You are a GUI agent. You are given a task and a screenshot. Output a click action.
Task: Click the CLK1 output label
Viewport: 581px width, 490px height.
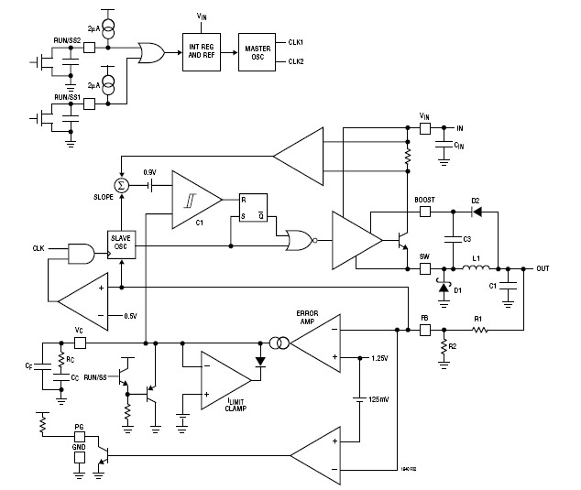point(296,41)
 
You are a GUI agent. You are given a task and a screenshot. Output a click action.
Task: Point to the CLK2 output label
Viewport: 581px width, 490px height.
point(296,61)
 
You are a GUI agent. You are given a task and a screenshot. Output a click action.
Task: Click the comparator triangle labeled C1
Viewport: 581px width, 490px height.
point(193,199)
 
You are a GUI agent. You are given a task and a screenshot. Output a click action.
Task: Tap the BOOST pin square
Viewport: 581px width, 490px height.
point(424,211)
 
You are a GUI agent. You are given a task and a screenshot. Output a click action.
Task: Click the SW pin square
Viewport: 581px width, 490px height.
point(424,269)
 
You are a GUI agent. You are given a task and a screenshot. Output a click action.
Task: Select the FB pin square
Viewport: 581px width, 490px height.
point(424,328)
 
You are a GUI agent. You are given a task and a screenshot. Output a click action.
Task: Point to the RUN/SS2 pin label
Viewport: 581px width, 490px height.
point(66,41)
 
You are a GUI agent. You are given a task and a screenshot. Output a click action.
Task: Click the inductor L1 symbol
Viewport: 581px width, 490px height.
point(477,268)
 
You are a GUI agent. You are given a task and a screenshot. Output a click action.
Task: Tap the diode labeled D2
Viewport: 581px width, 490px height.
point(476,211)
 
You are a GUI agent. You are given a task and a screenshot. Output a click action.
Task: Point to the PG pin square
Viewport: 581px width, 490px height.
point(80,437)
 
